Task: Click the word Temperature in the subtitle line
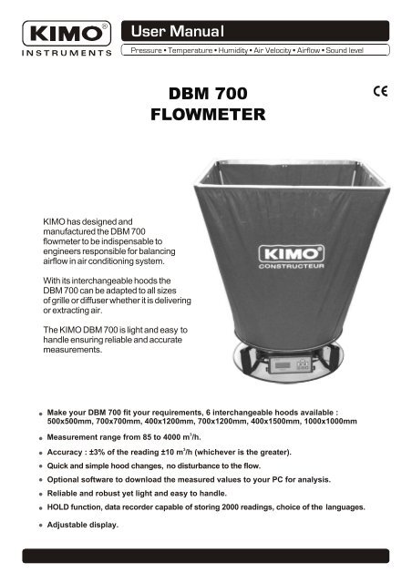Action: pos(198,50)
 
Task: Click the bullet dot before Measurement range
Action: pos(41,439)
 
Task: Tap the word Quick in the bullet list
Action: pos(60,465)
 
